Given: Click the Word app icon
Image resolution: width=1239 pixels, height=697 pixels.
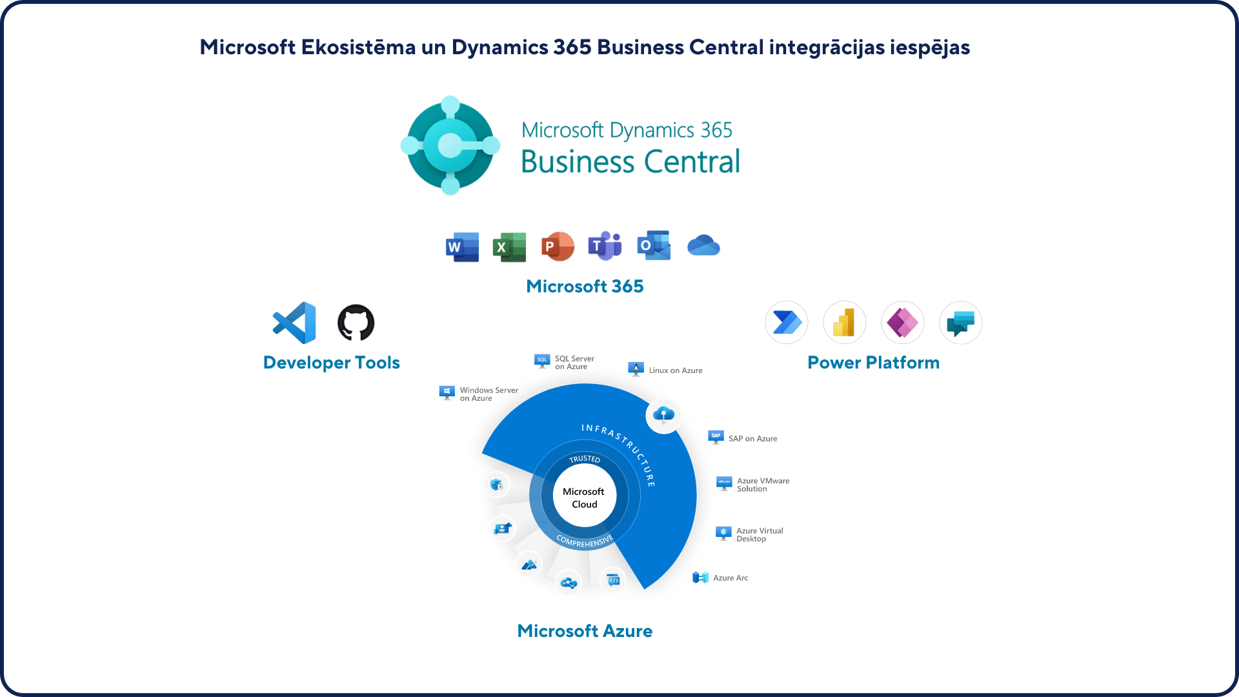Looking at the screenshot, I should pos(462,247).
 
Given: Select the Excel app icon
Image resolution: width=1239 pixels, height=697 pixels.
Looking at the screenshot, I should pos(509,247).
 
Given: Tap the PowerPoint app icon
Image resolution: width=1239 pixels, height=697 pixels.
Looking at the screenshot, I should pos(557,247).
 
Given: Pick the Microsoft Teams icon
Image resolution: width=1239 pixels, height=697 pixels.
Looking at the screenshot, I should pos(605,246).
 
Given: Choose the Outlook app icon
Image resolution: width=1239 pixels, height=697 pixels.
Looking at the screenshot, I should pos(653,246).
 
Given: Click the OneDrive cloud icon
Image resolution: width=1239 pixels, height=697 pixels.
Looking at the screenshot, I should pos(703,246).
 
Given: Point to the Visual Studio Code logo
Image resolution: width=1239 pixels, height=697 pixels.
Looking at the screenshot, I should pos(295,323).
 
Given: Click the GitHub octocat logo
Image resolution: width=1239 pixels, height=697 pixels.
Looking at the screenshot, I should pos(356,323).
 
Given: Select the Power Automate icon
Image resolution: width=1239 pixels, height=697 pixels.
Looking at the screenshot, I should pos(787,323).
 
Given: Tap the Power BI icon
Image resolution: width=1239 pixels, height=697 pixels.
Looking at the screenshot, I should pos(844,323).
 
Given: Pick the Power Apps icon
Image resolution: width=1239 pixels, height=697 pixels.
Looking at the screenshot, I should pos(902,323).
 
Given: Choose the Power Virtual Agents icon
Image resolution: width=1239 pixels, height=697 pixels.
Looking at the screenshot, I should pos(960,323).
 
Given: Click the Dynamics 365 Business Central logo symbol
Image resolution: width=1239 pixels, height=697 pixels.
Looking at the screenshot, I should pos(450,145).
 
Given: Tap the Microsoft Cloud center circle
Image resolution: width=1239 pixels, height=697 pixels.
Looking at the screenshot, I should pos(584,498).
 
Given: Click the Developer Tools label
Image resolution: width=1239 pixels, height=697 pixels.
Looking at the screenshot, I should pos(332,363).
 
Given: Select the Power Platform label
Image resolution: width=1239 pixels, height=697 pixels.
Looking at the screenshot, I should pos(873,363).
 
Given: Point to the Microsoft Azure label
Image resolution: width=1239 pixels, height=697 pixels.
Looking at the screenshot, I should pos(585,631).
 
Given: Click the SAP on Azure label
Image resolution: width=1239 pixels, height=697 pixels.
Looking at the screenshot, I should pos(752,439).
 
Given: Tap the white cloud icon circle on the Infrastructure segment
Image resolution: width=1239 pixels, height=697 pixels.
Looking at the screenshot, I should pos(663,415).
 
